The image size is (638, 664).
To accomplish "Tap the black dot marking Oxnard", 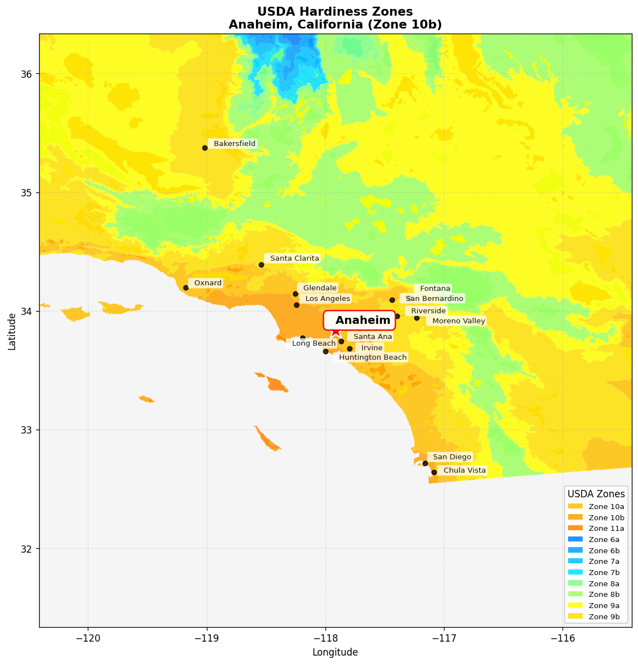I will point(186,288).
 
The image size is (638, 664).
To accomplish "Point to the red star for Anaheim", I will point(335,332).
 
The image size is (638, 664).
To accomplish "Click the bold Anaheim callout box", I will point(360,320).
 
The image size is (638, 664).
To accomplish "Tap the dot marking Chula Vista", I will point(434,472).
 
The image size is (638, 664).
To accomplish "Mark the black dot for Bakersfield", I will point(205,148).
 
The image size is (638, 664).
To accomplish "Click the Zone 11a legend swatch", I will point(575,528).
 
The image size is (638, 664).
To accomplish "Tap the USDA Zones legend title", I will point(596,494).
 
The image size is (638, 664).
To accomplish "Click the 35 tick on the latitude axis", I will point(27,193).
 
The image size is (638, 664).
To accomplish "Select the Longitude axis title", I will point(335,652).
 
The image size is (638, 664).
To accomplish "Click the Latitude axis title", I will point(12,331).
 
